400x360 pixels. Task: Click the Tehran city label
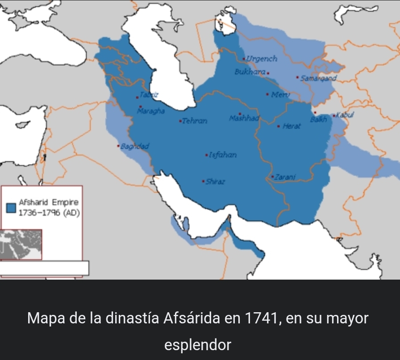(195, 121)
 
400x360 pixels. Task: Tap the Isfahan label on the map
(222, 155)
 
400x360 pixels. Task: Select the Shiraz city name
(215, 182)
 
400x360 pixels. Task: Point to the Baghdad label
(135, 146)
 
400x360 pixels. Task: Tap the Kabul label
(345, 115)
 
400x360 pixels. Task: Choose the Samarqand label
(318, 78)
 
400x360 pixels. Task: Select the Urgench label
(262, 59)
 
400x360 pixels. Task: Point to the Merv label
(281, 94)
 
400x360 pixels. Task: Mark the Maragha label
(151, 110)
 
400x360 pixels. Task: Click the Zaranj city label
(285, 177)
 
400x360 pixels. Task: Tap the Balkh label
(318, 119)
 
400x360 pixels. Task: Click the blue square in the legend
(12, 208)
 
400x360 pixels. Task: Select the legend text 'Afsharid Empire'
(48, 203)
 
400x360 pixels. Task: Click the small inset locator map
(21, 244)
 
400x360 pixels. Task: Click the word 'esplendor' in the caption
(198, 345)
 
